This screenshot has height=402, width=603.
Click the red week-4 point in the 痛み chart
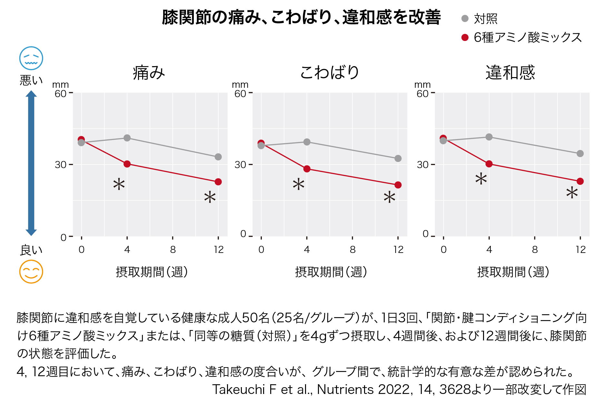tap(127, 164)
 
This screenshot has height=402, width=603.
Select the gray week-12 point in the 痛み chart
tap(218, 157)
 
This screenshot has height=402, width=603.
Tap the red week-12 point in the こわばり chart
tap(398, 185)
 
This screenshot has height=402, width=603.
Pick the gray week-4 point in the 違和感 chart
tap(489, 137)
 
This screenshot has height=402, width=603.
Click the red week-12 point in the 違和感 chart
tap(580, 181)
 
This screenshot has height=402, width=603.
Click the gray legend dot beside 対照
tap(465, 19)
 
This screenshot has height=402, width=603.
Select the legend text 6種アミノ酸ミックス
tap(528, 37)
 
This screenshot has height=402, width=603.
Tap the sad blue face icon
tap(31, 58)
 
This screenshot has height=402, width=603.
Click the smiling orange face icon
tap(31, 272)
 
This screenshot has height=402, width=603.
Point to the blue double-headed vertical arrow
tap(31, 163)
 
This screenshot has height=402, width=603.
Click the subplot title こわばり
tap(330, 72)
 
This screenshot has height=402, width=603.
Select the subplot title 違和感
tap(510, 72)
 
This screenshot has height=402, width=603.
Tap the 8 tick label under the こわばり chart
tap(352, 250)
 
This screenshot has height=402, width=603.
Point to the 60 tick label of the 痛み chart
tap(60, 94)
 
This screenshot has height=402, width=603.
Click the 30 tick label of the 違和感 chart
tap(422, 165)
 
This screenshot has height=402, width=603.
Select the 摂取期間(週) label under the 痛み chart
tap(152, 272)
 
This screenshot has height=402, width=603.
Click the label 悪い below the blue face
tap(31, 80)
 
